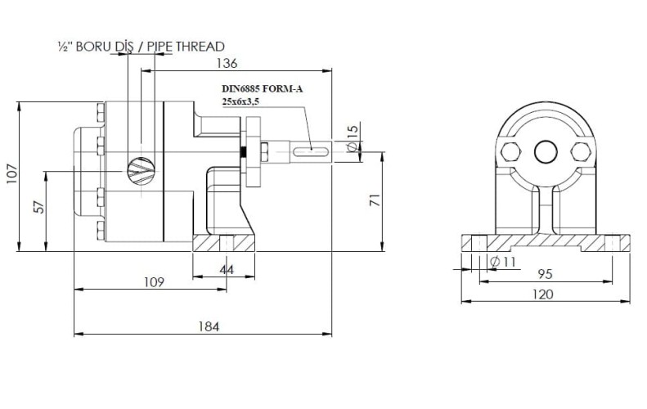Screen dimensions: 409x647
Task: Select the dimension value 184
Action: click(x=209, y=326)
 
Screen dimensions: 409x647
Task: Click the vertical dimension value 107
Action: click(x=11, y=177)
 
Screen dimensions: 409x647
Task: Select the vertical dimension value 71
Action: click(x=375, y=201)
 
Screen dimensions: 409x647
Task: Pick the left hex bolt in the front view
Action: click(x=508, y=151)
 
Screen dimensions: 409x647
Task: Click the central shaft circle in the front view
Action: click(x=544, y=151)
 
